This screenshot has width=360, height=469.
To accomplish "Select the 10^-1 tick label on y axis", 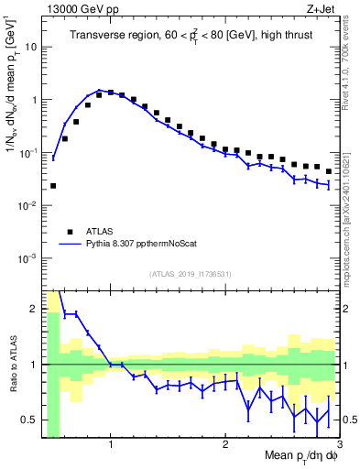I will pyautogui.click(x=29, y=152).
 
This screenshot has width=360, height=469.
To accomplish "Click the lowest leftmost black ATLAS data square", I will pyautogui.click(x=53, y=185).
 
